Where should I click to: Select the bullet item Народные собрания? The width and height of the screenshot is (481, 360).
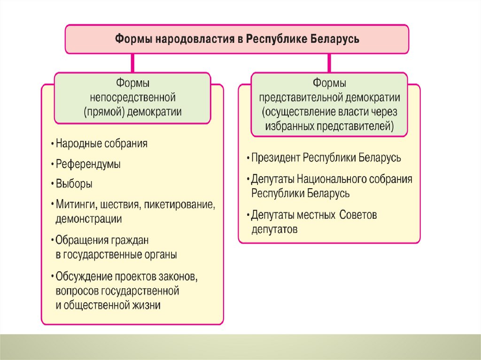click(101, 144)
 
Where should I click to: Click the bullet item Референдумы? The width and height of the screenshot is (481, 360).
click(88, 164)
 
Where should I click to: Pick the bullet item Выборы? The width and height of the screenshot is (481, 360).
click(74, 184)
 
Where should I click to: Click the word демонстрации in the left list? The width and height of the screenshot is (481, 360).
click(88, 219)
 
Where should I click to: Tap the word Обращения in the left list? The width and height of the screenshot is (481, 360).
click(82, 240)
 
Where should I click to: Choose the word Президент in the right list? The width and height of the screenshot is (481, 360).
click(275, 157)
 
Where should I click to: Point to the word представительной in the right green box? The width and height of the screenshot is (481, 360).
click(301, 98)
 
